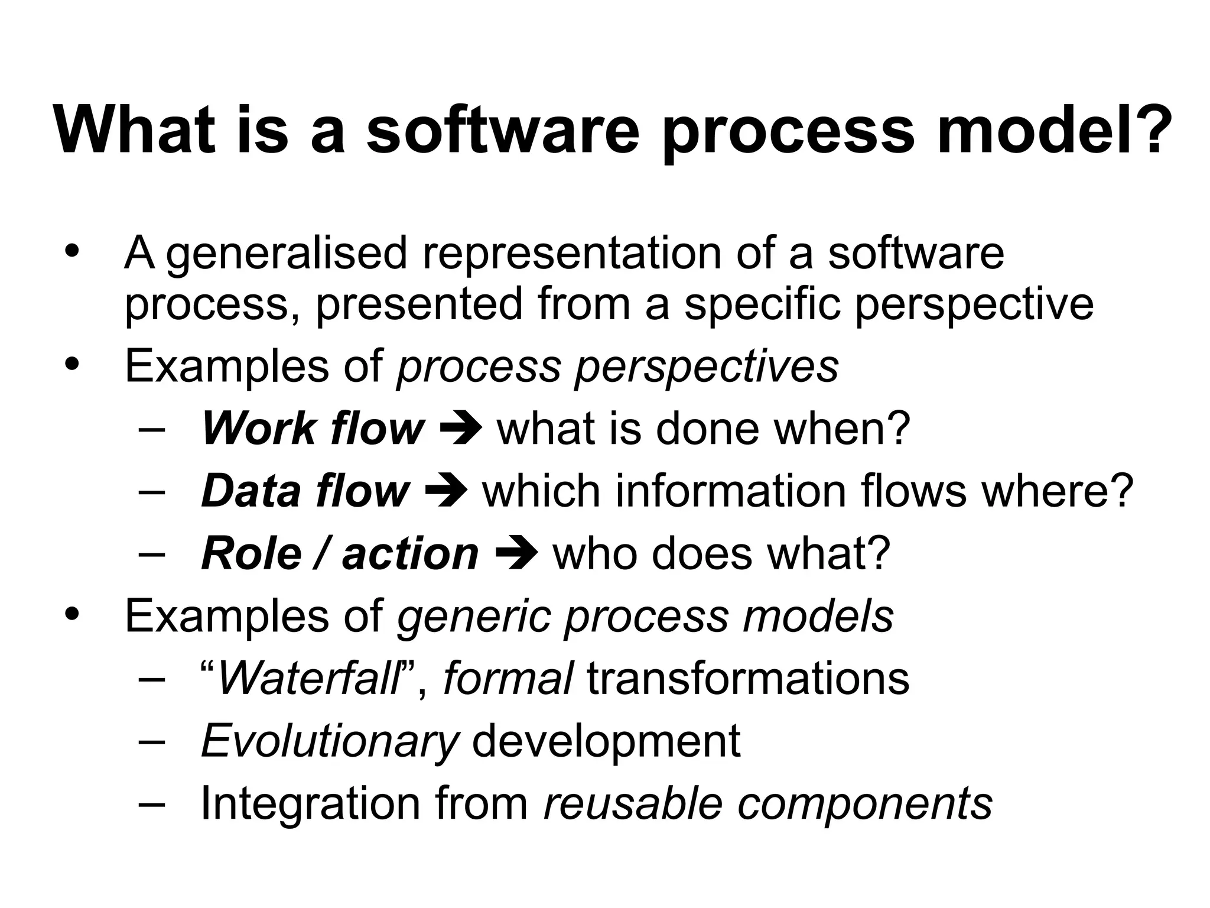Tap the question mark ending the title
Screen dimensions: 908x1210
coord(1152,129)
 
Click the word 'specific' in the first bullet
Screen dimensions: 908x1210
coord(762,304)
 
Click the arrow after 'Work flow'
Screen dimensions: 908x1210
coord(461,429)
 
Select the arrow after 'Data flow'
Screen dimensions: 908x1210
coord(447,491)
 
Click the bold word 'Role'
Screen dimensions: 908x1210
coord(251,554)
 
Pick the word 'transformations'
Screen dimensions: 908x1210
coord(748,679)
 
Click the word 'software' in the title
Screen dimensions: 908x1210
coord(503,129)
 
